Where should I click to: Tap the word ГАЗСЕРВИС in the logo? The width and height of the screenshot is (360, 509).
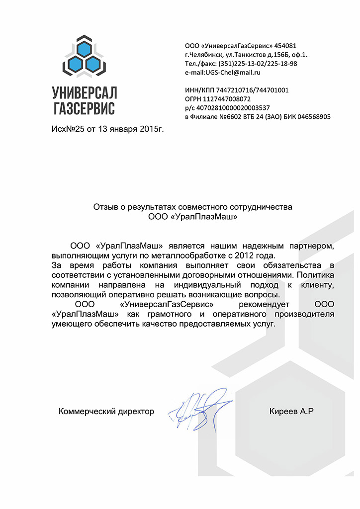[84, 108]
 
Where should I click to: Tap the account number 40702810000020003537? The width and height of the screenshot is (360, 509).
[234, 108]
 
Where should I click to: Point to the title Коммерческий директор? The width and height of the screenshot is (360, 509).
[106, 411]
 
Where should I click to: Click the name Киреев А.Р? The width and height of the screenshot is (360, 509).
[292, 411]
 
